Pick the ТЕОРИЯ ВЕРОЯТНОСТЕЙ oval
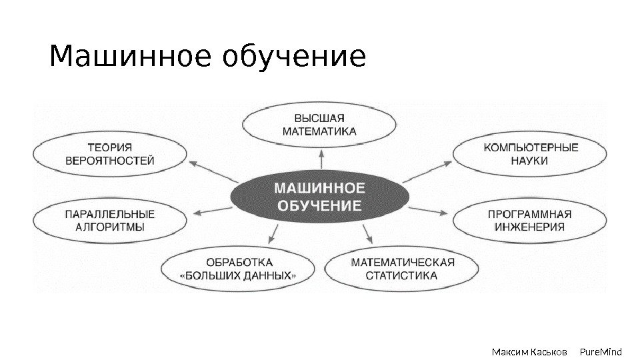tap(109, 154)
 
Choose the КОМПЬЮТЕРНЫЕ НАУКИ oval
tap(530, 154)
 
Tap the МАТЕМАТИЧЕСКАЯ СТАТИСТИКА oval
tap(402, 269)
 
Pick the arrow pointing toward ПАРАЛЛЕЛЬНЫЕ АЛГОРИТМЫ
tap(212, 211)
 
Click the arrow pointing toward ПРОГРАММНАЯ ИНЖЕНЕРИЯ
tap(428, 211)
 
